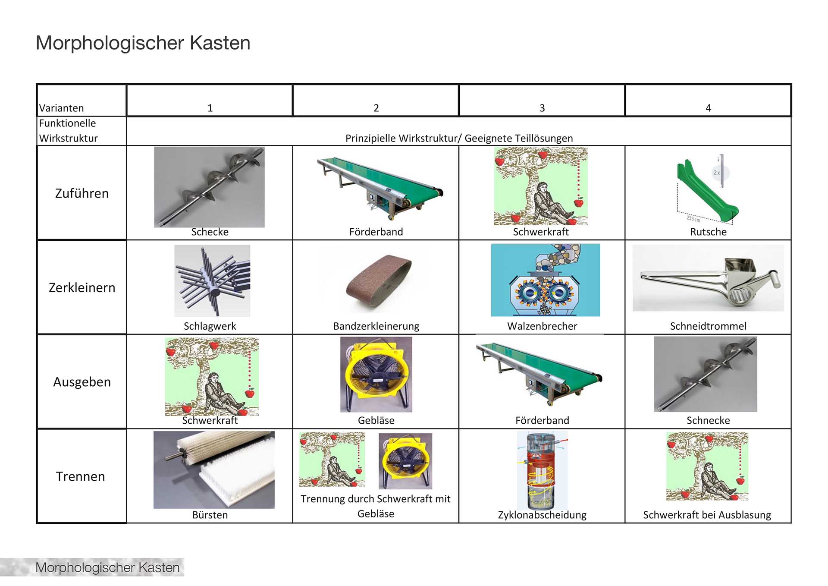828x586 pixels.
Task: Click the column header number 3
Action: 542,108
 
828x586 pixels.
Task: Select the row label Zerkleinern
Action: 82,287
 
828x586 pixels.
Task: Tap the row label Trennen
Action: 81,476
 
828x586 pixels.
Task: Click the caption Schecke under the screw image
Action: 210,232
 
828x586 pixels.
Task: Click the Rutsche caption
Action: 708,232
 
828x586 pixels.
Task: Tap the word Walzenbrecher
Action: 542,326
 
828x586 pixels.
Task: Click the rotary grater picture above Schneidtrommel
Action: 708,278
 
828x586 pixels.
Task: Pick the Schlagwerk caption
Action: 210,326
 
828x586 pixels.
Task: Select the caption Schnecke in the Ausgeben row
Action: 708,420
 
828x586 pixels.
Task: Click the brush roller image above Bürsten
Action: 214,469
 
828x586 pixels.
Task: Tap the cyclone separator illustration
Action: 542,470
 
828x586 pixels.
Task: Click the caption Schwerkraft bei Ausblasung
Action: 707,515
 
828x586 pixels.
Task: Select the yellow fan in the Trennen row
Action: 405,461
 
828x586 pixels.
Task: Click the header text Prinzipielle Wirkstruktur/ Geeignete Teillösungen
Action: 459,138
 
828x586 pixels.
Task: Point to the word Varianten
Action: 62,108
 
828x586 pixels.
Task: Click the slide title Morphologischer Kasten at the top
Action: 143,43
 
